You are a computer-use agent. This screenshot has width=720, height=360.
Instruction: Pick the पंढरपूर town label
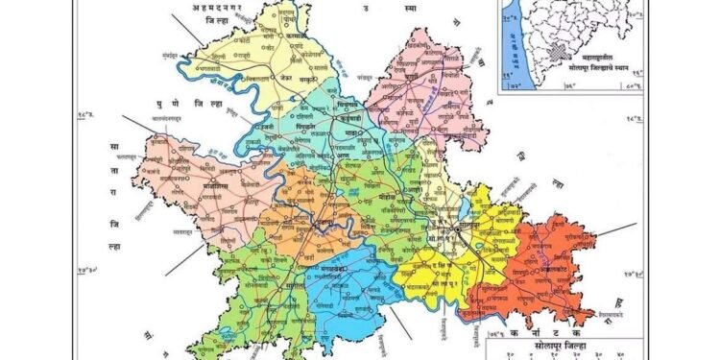click(x=318, y=227)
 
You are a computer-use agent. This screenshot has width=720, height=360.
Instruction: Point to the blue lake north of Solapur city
click(x=465, y=201)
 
